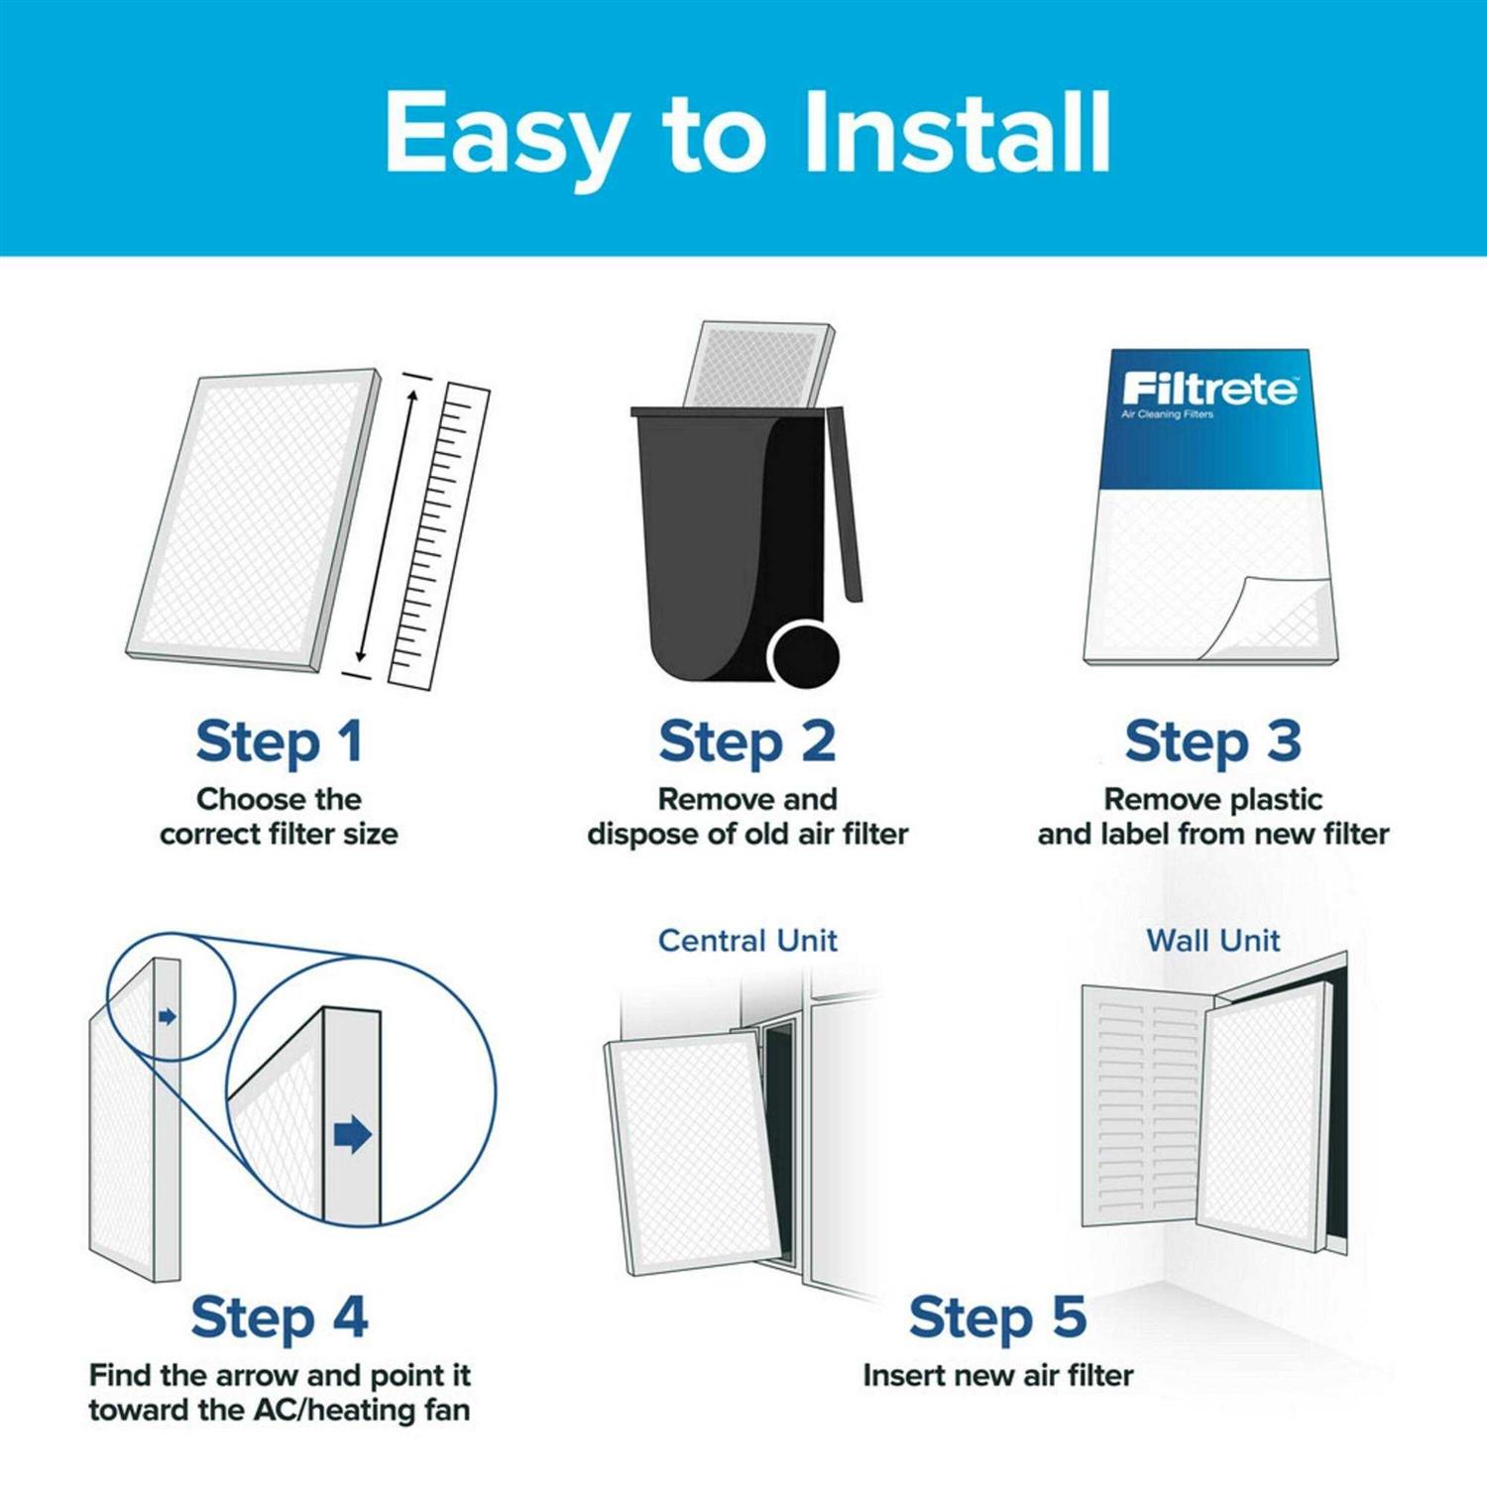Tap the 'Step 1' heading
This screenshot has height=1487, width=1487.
click(x=279, y=743)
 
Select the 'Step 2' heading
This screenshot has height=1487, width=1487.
click(x=746, y=743)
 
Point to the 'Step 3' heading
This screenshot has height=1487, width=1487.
click(x=1212, y=743)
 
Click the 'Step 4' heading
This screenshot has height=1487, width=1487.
click(x=279, y=1317)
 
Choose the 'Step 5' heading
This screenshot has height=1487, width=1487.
click(x=997, y=1317)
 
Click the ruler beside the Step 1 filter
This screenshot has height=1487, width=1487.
click(x=439, y=535)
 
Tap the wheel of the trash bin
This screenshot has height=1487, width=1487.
click(x=804, y=655)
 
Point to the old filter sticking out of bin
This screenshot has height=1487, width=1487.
click(x=758, y=363)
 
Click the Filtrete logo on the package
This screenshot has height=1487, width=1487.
click(x=1209, y=390)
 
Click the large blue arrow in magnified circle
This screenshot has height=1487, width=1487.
click(x=352, y=1134)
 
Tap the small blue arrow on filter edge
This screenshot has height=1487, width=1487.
click(x=168, y=1016)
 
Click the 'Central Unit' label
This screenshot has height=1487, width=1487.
click(x=747, y=940)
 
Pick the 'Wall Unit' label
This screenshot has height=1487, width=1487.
click(x=1212, y=940)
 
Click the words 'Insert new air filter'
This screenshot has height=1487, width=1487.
click(x=997, y=1375)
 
